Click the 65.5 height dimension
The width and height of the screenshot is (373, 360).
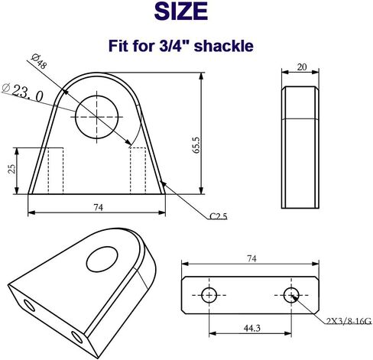click(196, 144)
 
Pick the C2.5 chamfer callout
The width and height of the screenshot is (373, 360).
click(218, 216)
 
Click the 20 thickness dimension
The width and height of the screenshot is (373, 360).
click(301, 68)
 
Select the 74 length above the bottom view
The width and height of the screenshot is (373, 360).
click(249, 260)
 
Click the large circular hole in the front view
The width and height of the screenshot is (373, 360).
click(98, 115)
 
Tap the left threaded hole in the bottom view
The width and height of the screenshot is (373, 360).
click(209, 294)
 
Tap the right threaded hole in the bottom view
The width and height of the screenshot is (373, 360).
click(291, 294)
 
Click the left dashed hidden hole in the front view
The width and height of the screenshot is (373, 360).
click(54, 169)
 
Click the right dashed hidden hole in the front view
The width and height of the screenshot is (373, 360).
click(138, 169)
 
